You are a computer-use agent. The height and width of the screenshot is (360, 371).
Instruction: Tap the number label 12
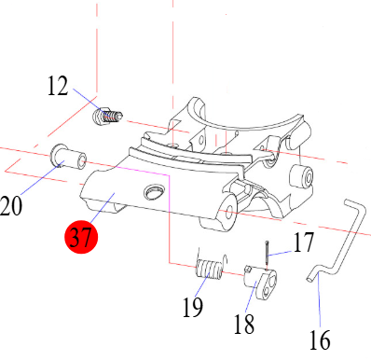click(x=58, y=89)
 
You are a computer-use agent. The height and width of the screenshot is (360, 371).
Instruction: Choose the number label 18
click(x=244, y=325)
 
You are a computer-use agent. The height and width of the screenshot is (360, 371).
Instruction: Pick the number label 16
click(x=319, y=340)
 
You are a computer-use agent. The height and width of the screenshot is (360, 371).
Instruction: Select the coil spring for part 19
click(x=207, y=270)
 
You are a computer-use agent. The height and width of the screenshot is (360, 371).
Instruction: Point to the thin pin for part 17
click(x=268, y=253)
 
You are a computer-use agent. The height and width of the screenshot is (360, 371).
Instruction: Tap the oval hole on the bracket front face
click(x=153, y=191)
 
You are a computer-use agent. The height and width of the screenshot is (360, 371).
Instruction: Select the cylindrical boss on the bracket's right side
click(x=305, y=175)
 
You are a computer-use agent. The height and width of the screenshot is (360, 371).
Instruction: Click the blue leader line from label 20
click(x=37, y=180)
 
